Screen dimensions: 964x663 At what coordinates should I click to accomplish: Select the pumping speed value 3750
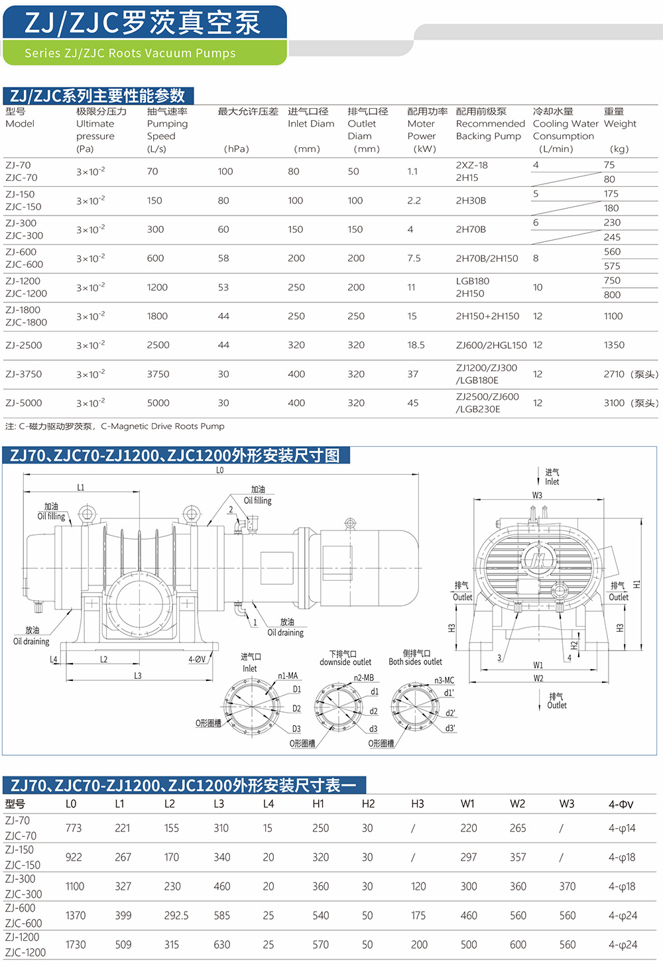pos(158,374)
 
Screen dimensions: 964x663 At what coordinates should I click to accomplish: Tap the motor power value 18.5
pos(416,345)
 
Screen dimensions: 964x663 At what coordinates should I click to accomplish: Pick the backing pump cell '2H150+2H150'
pos(487,316)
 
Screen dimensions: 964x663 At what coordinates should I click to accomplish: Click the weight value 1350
pos(614,345)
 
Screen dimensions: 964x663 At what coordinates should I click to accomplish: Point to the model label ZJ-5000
pos(24,402)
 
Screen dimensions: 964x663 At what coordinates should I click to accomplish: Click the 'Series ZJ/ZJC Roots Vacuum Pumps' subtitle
pos(130,53)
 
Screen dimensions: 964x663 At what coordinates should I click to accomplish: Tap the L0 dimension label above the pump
pos(220,470)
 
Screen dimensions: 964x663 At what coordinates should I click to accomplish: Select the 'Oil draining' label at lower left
pos(31,641)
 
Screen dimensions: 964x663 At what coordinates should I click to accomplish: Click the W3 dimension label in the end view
pos(537,495)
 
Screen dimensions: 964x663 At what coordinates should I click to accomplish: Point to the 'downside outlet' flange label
pos(345,662)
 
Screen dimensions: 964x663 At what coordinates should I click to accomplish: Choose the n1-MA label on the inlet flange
pos(288,676)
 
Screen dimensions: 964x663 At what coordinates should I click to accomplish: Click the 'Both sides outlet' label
pos(415,662)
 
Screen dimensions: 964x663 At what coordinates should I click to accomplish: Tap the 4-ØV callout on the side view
pos(197,659)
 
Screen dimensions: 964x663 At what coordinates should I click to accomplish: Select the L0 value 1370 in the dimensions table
pos(76,916)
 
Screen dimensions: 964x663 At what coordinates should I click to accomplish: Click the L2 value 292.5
pos(176,916)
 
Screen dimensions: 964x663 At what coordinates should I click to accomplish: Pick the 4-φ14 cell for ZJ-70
pos(622,828)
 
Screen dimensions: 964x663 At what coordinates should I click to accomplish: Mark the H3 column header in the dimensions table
pos(418,804)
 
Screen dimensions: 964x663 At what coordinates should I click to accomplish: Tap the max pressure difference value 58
pos(223,259)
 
